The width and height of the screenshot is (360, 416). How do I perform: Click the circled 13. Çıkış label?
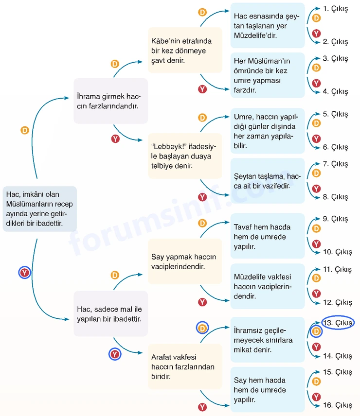pyautogui.click(x=338, y=323)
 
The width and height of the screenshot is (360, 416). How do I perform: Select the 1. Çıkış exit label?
pyautogui.click(x=335, y=9)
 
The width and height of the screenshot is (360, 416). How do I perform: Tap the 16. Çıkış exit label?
pyautogui.click(x=338, y=405)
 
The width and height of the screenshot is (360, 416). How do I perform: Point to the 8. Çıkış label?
pyautogui.click(x=335, y=197)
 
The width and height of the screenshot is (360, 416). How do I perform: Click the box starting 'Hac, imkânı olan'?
pyautogui.click(x=40, y=209)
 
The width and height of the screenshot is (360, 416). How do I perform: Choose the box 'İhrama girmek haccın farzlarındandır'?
pyautogui.click(x=111, y=101)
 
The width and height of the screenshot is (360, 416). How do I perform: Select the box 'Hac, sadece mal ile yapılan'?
pyautogui.click(x=111, y=314)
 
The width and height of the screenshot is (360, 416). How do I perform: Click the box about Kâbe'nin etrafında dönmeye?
pyautogui.click(x=185, y=50)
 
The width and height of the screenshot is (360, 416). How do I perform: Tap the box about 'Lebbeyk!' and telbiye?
pyautogui.click(x=185, y=156)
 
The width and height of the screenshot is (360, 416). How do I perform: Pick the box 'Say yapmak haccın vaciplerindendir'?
pyautogui.click(x=185, y=261)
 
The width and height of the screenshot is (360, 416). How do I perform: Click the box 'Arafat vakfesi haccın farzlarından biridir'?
pyautogui.click(x=185, y=366)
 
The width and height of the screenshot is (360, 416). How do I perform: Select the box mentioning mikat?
pyautogui.click(x=268, y=340)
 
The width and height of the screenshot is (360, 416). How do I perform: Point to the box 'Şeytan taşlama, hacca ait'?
pyautogui.click(x=268, y=181)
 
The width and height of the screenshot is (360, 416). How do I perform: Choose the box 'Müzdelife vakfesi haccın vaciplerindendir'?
pyautogui.click(x=268, y=286)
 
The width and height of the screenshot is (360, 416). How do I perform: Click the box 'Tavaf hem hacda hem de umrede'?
pyautogui.click(x=268, y=236)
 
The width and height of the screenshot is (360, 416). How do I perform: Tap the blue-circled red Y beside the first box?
pyautogui.click(x=25, y=273)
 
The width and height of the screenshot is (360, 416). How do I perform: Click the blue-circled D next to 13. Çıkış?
pyautogui.click(x=316, y=331)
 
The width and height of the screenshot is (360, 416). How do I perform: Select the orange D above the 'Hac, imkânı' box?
pyautogui.click(x=25, y=130)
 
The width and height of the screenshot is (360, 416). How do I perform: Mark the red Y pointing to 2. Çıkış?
pyautogui.click(x=316, y=34)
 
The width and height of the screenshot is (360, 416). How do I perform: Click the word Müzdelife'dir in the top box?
pyautogui.click(x=255, y=35)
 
